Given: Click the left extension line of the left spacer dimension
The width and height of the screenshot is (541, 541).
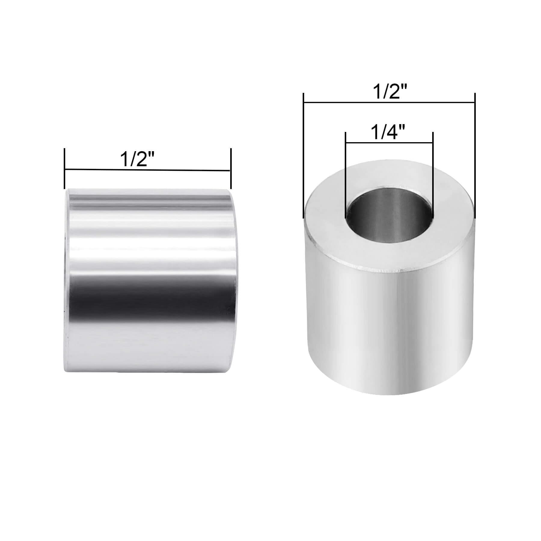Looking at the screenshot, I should (x=65, y=168).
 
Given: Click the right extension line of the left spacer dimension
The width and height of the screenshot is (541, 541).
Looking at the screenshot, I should (x=231, y=168).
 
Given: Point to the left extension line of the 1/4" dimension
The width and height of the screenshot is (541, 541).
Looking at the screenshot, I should (x=346, y=174).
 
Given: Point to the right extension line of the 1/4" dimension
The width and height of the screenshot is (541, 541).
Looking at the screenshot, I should (x=433, y=174).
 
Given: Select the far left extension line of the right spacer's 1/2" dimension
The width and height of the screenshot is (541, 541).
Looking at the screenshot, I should (x=304, y=156).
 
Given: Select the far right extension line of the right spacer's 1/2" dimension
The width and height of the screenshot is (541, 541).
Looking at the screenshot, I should (x=475, y=156).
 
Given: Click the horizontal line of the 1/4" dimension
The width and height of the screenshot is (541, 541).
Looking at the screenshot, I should (x=389, y=142).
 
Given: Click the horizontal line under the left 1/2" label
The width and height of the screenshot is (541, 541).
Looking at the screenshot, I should (x=147, y=170).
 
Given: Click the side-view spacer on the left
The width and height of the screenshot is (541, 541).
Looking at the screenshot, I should (x=149, y=280).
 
